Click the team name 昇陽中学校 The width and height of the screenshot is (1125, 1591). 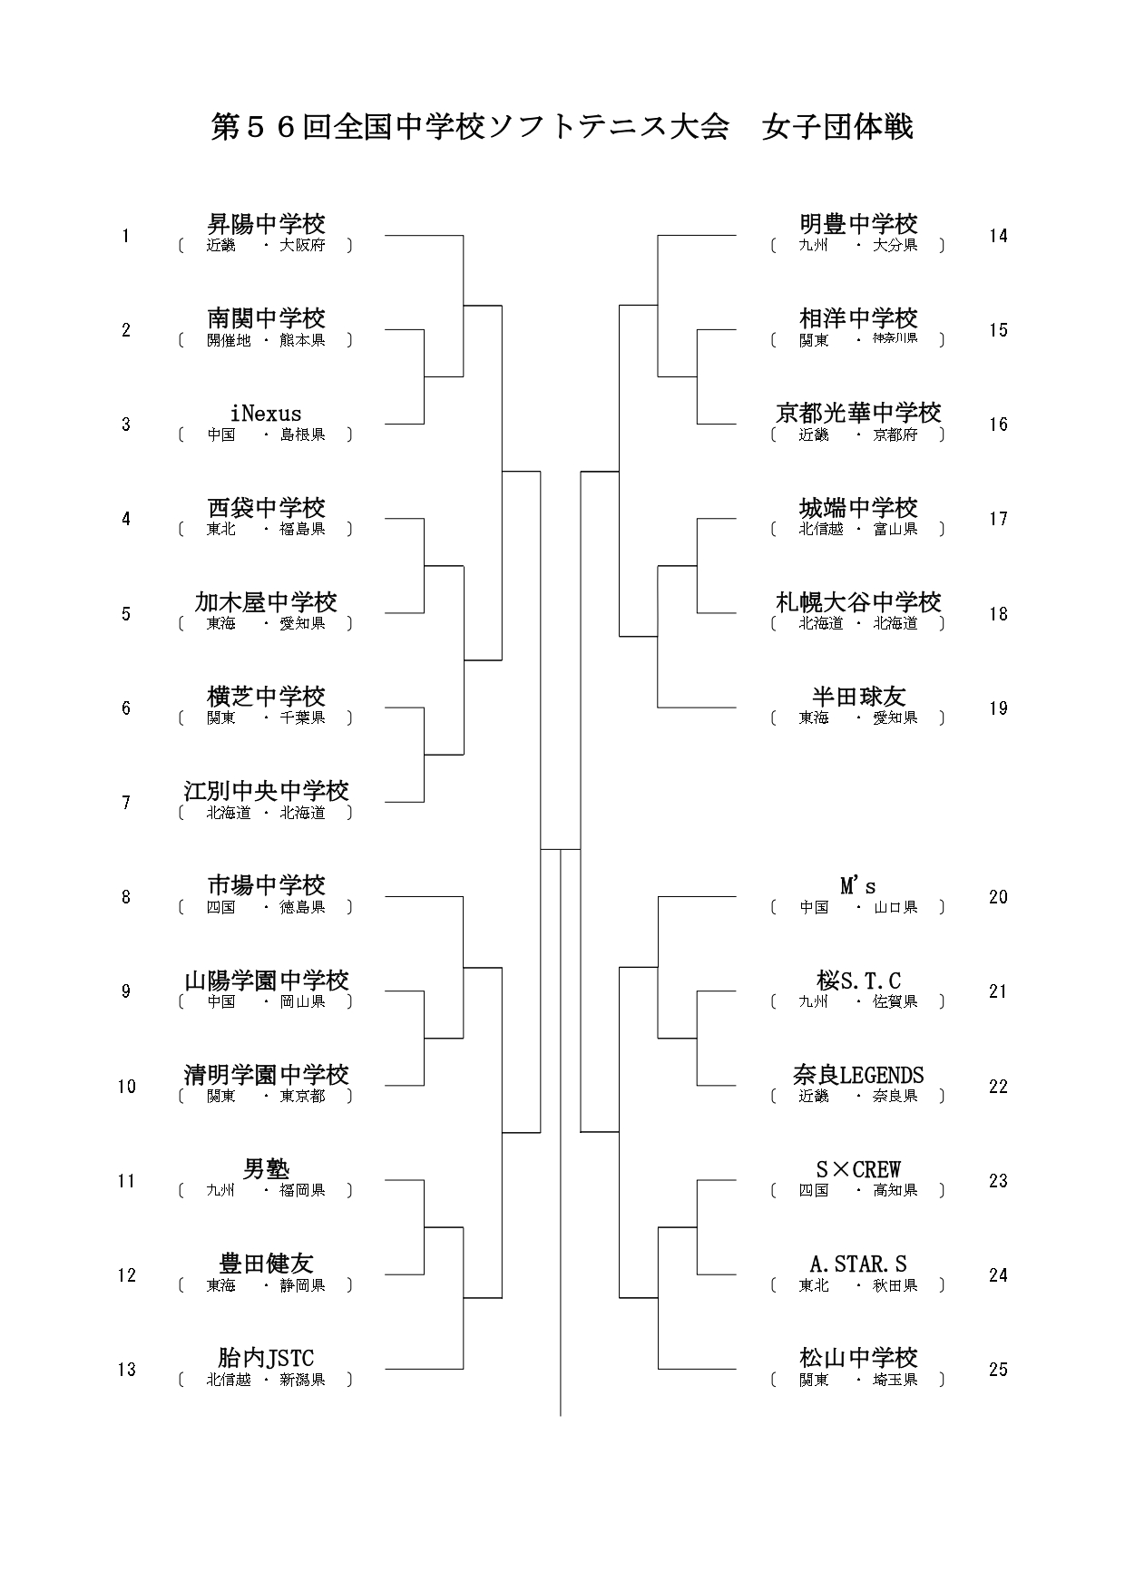(266, 223)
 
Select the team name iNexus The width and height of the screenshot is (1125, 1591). (266, 414)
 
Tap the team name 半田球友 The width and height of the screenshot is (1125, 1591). (858, 696)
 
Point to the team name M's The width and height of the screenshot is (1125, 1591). (858, 885)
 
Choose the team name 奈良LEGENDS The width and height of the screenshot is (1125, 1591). (858, 1075)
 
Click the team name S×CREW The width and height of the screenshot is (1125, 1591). (858, 1169)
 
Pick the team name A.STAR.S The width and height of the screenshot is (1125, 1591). (858, 1264)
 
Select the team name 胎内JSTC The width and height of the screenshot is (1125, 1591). (266, 1358)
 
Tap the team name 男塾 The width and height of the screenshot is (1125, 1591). (266, 1169)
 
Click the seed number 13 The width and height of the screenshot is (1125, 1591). (126, 1370)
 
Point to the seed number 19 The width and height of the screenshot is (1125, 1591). (998, 708)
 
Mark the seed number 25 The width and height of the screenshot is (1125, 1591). (998, 1370)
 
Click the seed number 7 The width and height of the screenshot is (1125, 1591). (126, 803)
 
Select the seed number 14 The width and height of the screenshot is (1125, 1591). (998, 236)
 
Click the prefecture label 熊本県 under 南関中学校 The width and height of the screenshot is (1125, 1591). (302, 340)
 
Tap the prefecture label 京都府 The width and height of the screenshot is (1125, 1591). (895, 434)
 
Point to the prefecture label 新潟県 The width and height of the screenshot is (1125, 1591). (302, 1380)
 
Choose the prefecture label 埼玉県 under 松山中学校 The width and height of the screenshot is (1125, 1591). (895, 1380)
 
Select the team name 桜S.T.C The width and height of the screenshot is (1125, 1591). (858, 981)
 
